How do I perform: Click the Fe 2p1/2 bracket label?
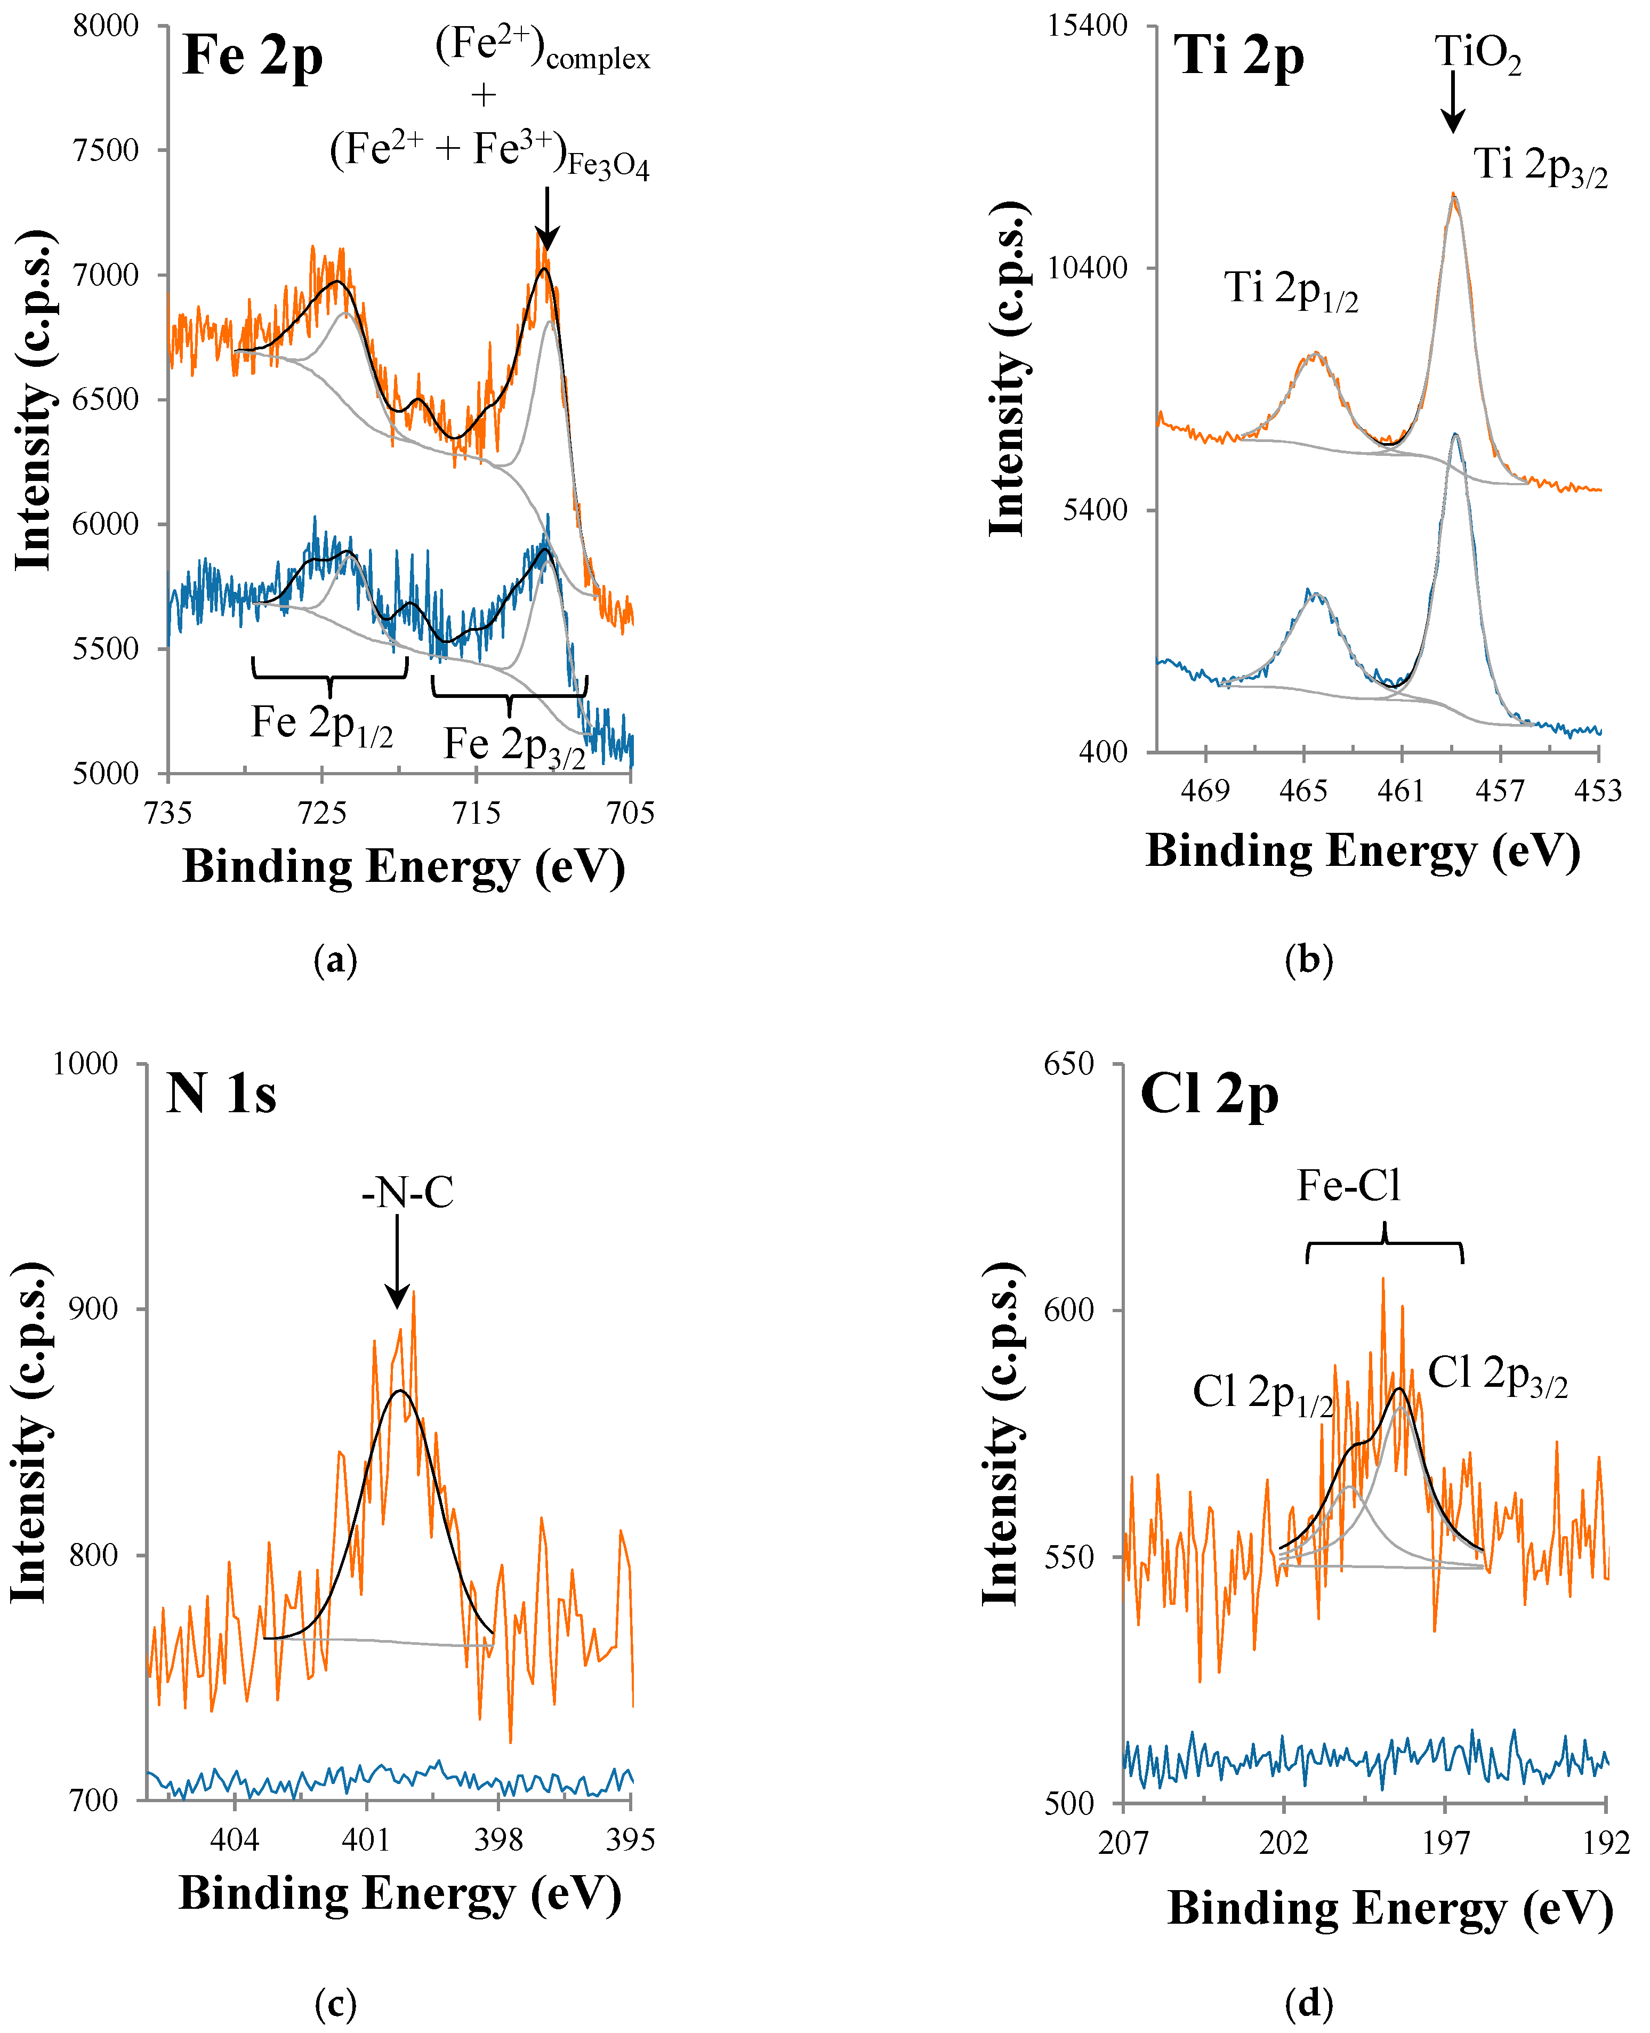321,724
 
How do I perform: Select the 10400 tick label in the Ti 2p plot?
1088,268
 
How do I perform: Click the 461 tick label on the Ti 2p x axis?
1401,791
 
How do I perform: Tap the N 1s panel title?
221,1093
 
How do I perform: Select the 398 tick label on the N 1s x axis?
498,1840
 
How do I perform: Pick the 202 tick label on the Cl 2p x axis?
1283,1843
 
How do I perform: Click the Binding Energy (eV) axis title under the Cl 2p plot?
1390,1908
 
